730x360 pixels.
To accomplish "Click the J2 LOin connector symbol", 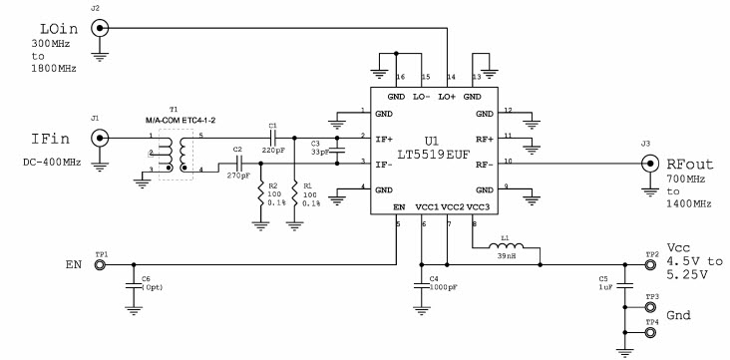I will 100,29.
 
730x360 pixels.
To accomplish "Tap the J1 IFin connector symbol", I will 100,143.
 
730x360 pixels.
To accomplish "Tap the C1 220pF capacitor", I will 271,137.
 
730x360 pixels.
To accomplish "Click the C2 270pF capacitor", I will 238,163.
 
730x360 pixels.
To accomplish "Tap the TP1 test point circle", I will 101,265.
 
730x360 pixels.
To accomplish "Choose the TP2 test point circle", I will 651,265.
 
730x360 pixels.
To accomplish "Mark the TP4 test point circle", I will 651,333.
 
